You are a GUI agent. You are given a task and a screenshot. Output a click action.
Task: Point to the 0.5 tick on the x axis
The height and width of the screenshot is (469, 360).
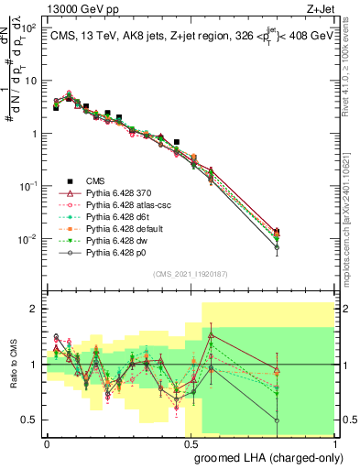click(x=191, y=442)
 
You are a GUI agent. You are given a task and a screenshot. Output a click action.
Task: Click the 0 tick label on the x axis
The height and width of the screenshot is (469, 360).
click(x=47, y=442)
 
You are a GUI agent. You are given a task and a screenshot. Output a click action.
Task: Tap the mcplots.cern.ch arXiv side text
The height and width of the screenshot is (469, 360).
click(x=353, y=202)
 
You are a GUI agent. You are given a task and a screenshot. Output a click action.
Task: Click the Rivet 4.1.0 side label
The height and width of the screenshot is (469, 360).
click(x=353, y=64)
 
